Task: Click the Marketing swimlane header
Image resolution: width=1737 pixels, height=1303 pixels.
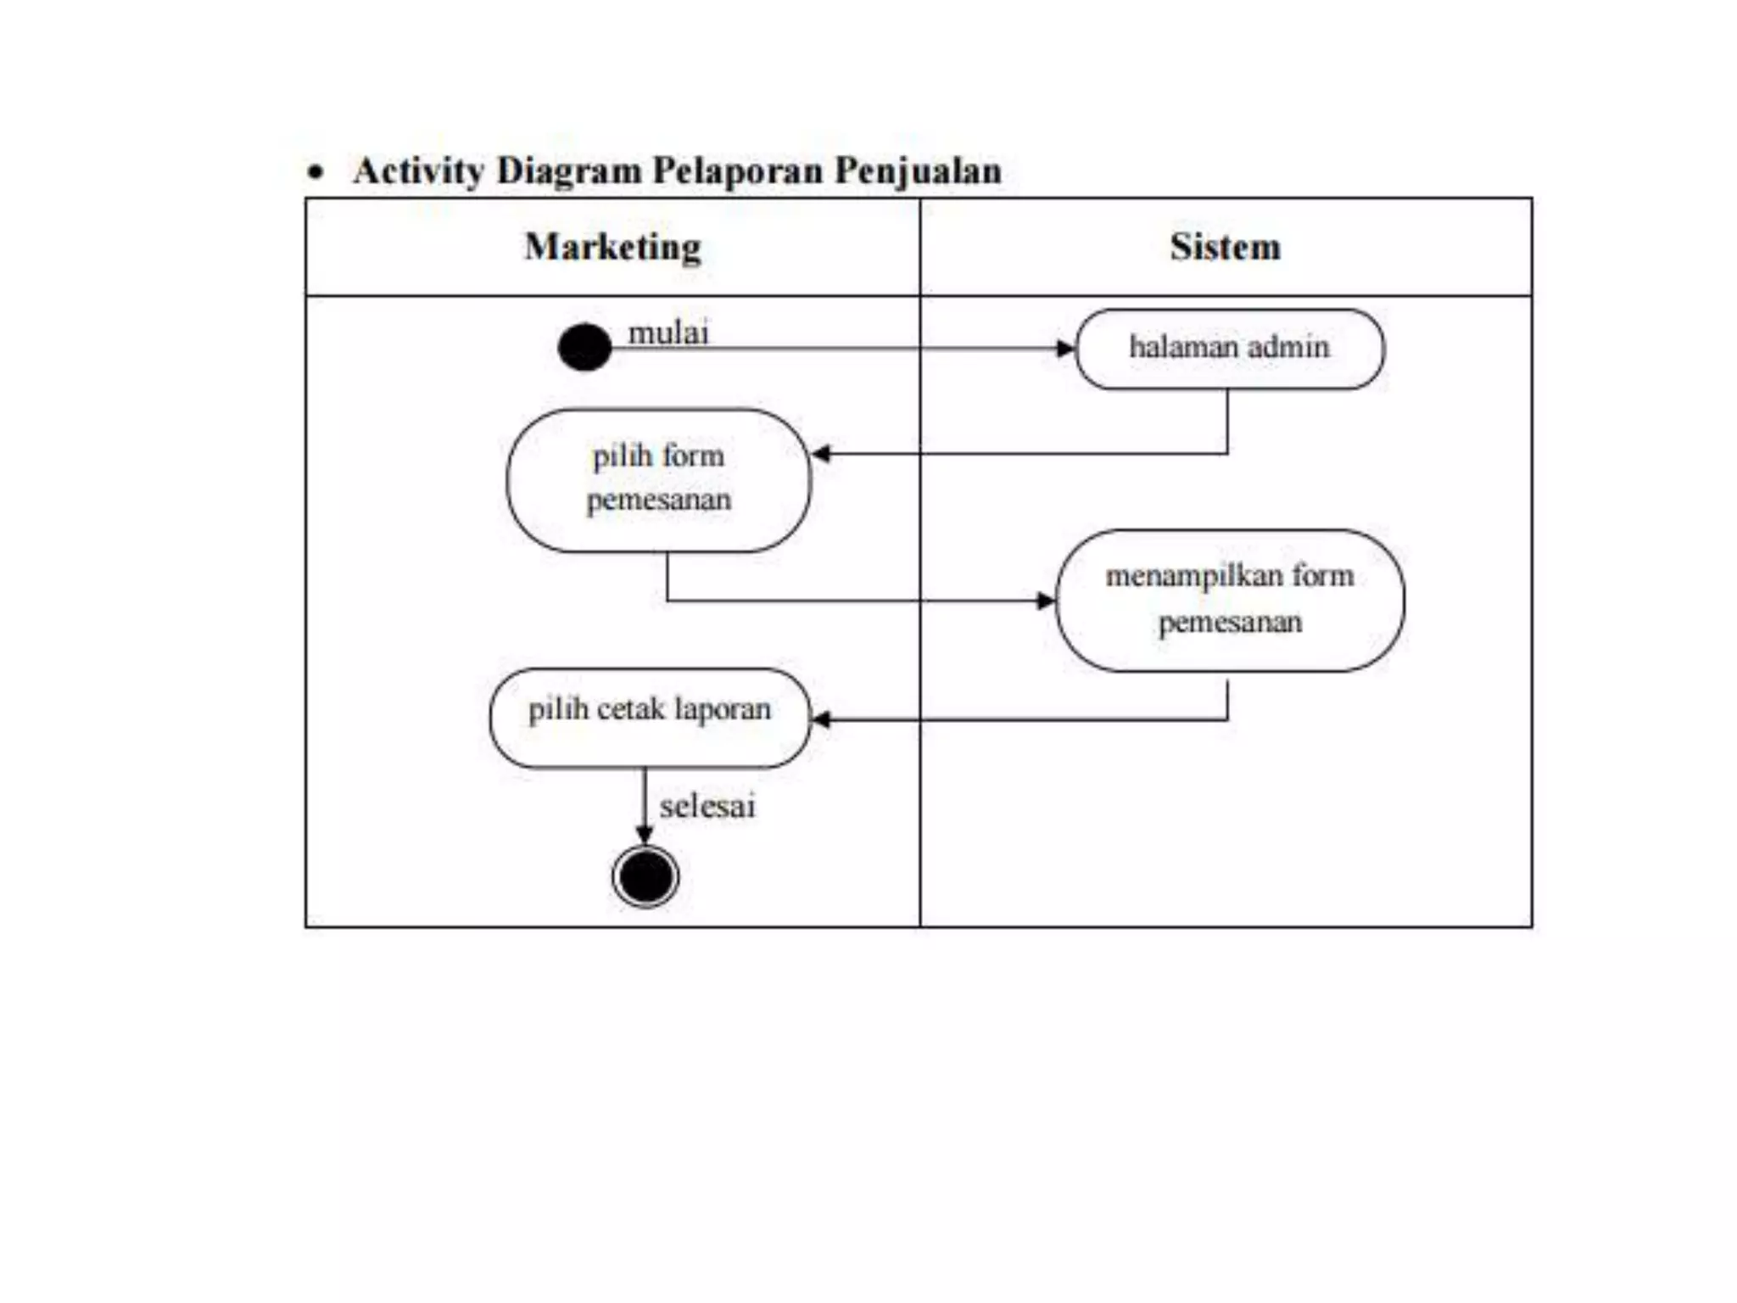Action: [x=612, y=247]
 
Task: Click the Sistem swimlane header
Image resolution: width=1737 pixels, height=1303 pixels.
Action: [x=1226, y=247]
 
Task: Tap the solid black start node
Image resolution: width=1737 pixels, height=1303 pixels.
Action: [x=584, y=347]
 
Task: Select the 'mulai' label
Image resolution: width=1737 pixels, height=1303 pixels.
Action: [x=667, y=333]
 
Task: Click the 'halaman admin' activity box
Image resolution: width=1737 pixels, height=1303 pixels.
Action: [x=1230, y=349]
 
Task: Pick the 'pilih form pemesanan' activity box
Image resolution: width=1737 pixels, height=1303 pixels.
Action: [x=659, y=480]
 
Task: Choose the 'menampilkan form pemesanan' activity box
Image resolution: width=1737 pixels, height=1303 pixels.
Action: [x=1230, y=600]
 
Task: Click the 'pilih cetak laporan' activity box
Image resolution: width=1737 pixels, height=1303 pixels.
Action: [x=650, y=718]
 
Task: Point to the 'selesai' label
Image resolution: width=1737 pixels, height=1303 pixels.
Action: [x=707, y=806]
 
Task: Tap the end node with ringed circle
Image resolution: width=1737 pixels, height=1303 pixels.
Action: [x=645, y=876]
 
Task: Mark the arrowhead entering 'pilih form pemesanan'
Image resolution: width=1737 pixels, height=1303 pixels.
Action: [x=821, y=454]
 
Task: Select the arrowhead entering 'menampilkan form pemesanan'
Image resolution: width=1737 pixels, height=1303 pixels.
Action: [x=1046, y=601]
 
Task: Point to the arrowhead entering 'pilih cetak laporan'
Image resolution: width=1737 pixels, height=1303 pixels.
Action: [x=821, y=720]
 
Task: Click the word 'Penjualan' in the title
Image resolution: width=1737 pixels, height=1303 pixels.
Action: [x=918, y=171]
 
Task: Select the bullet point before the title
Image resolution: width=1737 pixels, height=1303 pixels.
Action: [x=316, y=173]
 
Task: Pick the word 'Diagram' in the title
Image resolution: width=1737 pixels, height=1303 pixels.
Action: [x=568, y=171]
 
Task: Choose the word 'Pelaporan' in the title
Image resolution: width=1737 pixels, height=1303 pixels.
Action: [x=738, y=171]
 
